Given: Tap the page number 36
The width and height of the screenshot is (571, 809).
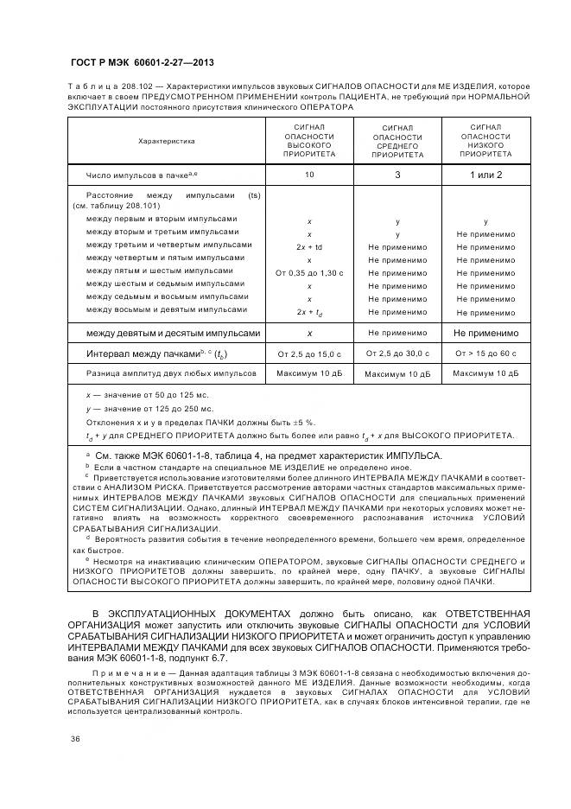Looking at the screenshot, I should pos(75,739).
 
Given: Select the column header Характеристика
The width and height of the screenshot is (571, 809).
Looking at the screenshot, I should pos(166,141).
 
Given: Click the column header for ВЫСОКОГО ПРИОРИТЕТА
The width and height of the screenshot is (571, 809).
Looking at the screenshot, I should pos(309,141).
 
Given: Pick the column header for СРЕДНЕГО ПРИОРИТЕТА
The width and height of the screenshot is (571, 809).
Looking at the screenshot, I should pos(397,142).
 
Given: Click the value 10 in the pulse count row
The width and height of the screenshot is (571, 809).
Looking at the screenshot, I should pos(309,175).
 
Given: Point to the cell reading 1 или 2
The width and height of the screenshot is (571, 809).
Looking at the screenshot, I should pos(485,175).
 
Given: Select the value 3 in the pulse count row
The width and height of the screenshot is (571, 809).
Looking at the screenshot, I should pos(397,175).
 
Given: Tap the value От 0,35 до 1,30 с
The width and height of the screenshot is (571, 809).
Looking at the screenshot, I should pos(309,272).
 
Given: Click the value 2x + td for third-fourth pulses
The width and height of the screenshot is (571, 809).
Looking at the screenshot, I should pos(309,246).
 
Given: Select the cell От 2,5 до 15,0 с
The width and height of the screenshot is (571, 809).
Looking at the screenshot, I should pos(309,354).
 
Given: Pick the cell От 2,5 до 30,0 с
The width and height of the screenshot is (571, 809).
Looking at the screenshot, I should pos(397,354).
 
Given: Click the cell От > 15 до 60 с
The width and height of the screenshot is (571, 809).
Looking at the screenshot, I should pos(485,354).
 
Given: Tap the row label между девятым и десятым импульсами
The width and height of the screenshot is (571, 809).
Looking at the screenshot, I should pos(173,333).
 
